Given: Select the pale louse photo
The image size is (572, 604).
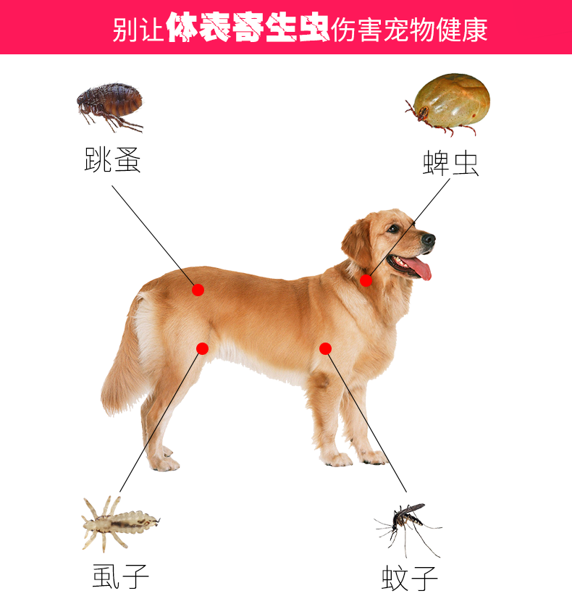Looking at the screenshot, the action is pyautogui.click(x=120, y=523).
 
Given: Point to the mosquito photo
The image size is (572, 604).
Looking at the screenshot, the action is pyautogui.click(x=409, y=529).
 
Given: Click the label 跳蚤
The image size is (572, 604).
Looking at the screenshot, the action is pyautogui.click(x=112, y=160).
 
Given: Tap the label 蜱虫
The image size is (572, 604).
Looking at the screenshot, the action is pyautogui.click(x=450, y=164).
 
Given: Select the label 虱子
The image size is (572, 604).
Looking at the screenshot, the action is pyautogui.click(x=121, y=576).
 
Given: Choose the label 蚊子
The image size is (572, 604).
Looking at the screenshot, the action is pyautogui.click(x=410, y=578).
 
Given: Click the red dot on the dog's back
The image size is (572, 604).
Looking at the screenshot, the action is pyautogui.click(x=198, y=290).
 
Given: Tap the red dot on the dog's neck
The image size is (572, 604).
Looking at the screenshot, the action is pyautogui.click(x=366, y=280).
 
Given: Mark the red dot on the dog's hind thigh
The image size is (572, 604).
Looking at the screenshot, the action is pyautogui.click(x=202, y=348).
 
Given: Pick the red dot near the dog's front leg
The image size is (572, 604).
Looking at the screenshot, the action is pyautogui.click(x=326, y=348).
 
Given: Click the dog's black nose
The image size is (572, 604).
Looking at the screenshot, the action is pyautogui.click(x=429, y=240).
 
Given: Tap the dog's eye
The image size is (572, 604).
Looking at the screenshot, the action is pyautogui.click(x=393, y=228).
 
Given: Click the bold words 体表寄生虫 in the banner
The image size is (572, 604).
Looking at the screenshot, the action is pyautogui.click(x=248, y=27).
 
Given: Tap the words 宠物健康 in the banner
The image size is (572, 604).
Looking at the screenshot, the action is pyautogui.click(x=435, y=30).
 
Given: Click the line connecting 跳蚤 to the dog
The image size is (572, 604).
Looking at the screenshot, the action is pyautogui.click(x=153, y=236).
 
